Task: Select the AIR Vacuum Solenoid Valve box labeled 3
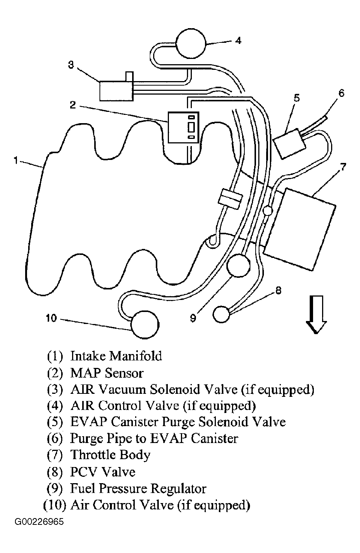(116, 90)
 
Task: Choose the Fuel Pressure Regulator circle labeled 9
(238, 265)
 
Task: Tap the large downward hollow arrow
(316, 314)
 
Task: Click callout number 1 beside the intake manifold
(16, 161)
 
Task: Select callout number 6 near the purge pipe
(341, 93)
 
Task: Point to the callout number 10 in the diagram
(51, 318)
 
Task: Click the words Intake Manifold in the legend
(116, 356)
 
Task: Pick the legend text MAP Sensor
(107, 373)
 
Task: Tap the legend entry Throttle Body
(110, 455)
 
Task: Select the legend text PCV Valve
(102, 472)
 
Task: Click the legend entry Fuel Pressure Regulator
(138, 489)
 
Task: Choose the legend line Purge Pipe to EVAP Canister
(154, 438)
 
